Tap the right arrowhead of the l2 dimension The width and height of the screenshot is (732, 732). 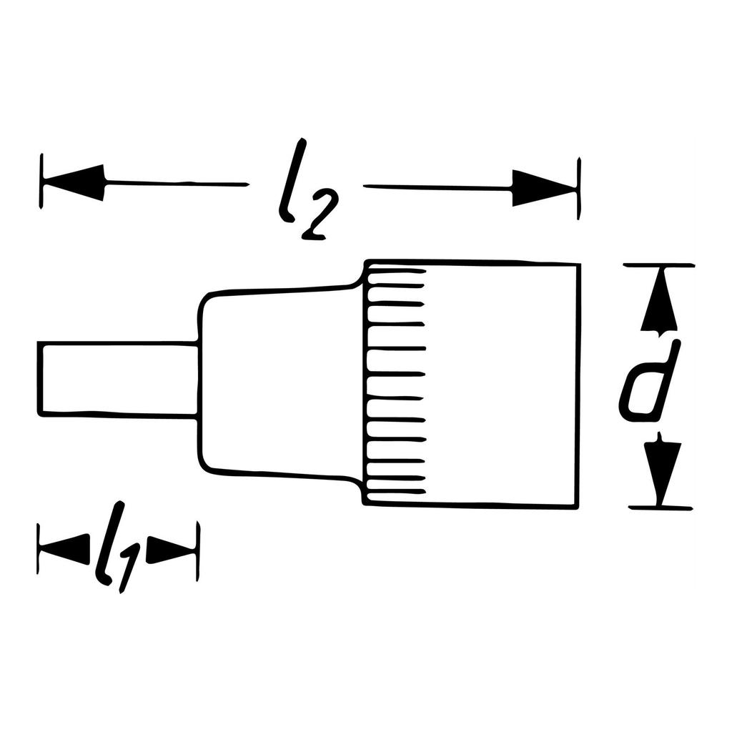pyautogui.click(x=542, y=189)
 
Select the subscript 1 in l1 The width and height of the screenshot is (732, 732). pyautogui.click(x=129, y=568)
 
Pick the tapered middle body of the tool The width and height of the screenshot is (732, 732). pyautogui.click(x=279, y=379)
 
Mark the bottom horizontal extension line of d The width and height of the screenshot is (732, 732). pyautogui.click(x=661, y=508)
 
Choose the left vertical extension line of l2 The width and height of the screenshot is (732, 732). pyautogui.click(x=42, y=182)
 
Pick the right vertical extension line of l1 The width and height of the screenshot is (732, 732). pyautogui.click(x=198, y=551)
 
